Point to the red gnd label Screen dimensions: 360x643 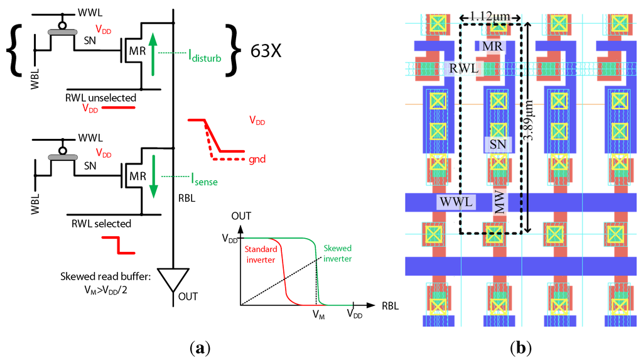pos(256,159)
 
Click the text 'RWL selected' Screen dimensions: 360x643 pos(100,223)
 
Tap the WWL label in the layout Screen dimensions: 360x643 pos(455,202)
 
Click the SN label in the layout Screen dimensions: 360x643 pos(498,145)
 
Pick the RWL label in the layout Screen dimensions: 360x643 pos(463,68)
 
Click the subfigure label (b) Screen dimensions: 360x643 pos(522,347)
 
